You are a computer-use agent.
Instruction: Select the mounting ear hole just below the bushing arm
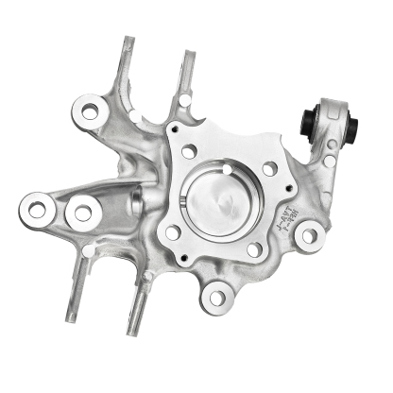307,236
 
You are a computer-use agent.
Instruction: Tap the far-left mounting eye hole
37,209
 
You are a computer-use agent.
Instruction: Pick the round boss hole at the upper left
91,111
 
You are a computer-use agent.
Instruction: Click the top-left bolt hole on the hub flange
189,151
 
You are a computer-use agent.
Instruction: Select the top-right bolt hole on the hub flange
269,168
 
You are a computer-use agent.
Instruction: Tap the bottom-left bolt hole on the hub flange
173,231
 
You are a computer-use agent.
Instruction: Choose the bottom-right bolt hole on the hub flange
254,250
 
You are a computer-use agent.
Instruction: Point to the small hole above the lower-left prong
89,251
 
